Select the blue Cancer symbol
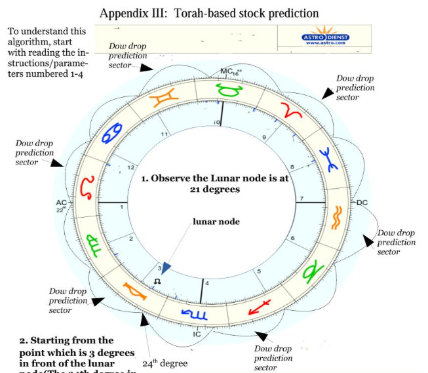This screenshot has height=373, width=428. [x=110, y=133]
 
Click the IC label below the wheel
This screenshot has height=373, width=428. [x=196, y=334]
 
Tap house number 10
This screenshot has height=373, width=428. [x=216, y=122]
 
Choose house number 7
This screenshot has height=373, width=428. [x=302, y=197]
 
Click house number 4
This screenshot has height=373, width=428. [x=208, y=283]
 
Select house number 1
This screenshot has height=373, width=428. [x=122, y=207]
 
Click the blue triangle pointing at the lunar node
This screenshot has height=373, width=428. [x=166, y=267]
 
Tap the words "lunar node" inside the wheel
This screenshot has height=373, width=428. [x=216, y=222]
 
